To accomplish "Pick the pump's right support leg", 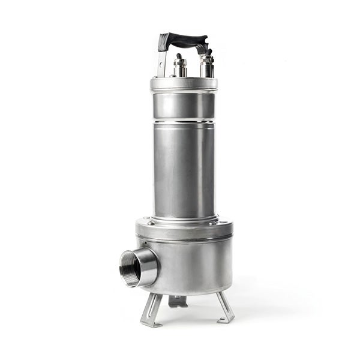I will (x=224, y=306).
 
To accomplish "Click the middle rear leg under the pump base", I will (x=178, y=301).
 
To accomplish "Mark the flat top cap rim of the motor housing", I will (x=184, y=83).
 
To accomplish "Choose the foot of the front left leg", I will (x=148, y=323).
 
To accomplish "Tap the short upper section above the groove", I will (x=184, y=106).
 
